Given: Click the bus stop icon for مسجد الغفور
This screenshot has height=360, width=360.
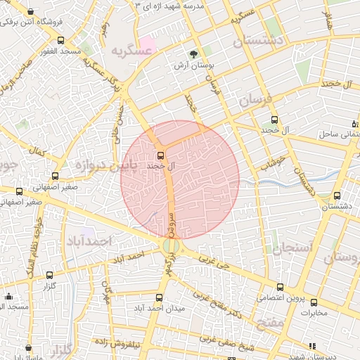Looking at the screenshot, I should [x=60, y=40].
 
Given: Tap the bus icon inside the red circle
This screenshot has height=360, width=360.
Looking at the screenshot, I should [x=160, y=155].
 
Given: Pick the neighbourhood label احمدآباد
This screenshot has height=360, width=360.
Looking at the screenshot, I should [x=89, y=241].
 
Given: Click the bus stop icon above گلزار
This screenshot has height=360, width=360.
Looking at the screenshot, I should [x=49, y=275].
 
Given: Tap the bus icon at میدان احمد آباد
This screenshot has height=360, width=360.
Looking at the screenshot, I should [x=159, y=297].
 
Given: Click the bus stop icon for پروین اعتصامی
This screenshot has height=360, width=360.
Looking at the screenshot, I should [x=280, y=287].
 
